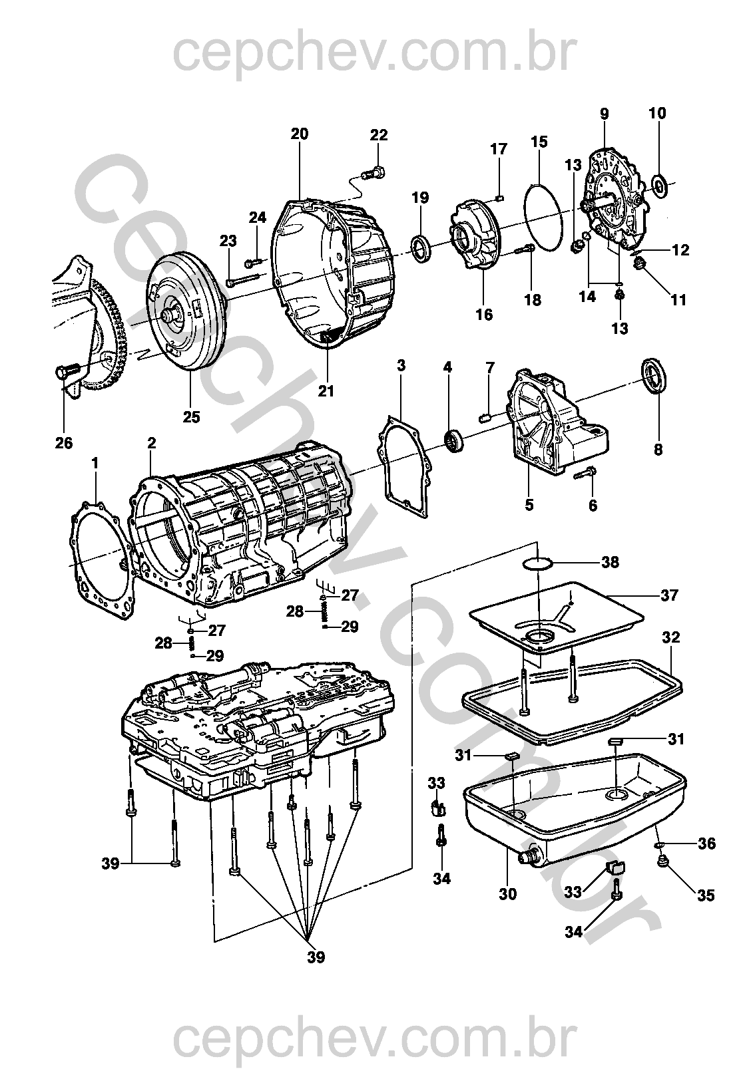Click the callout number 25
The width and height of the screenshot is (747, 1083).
coord(191,418)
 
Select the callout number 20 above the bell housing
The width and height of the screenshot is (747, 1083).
coord(300,134)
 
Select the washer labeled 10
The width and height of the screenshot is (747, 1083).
coord(660,186)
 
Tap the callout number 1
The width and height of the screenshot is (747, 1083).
coord(95,461)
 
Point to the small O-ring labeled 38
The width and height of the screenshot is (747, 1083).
coord(537,564)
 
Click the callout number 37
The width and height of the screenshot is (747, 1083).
coord(669,595)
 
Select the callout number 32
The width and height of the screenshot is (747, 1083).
coord(670,637)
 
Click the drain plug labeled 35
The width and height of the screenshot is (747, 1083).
coord(662,862)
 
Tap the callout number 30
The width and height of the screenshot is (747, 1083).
coord(507,895)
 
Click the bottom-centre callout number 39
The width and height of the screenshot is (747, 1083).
coord(316,957)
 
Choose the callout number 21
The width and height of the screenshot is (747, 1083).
coord(326,391)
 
